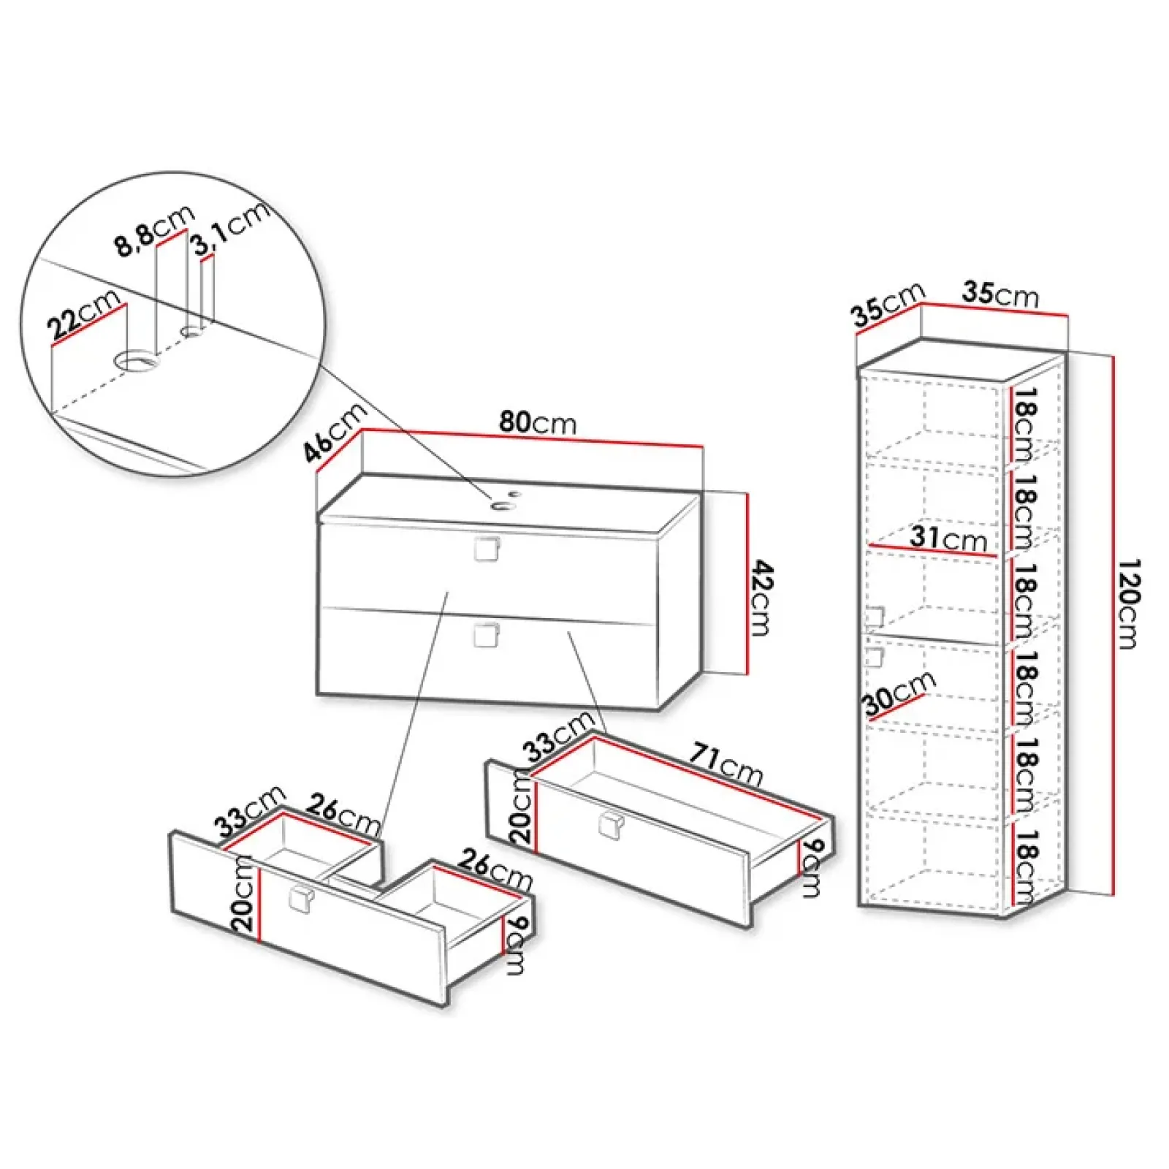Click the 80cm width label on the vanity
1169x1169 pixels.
pyautogui.click(x=538, y=422)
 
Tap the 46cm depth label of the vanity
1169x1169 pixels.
pyautogui.click(x=335, y=432)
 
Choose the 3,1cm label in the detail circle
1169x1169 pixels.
pyautogui.click(x=231, y=228)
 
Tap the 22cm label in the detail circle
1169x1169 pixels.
pyautogui.click(x=84, y=315)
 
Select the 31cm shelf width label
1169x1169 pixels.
pyautogui.click(x=948, y=538)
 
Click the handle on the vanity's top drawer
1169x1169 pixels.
pyautogui.click(x=487, y=549)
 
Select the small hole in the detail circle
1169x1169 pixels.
pyautogui.click(x=193, y=332)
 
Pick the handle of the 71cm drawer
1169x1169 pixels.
pyautogui.click(x=610, y=826)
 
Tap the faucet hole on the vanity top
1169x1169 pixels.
pyautogui.click(x=502, y=504)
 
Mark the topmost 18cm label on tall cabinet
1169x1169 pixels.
pyautogui.click(x=1026, y=424)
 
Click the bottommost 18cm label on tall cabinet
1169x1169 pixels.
pyautogui.click(x=1026, y=865)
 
